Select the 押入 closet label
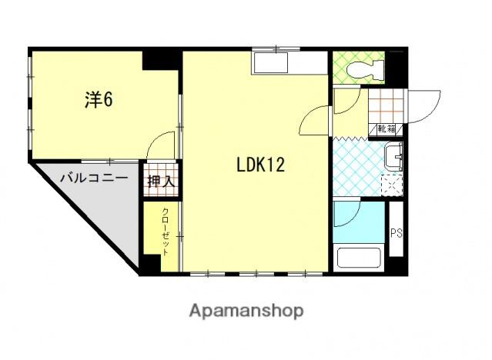161,182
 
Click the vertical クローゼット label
166,230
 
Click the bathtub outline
360,255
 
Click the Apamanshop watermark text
246,311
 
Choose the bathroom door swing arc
346,215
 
